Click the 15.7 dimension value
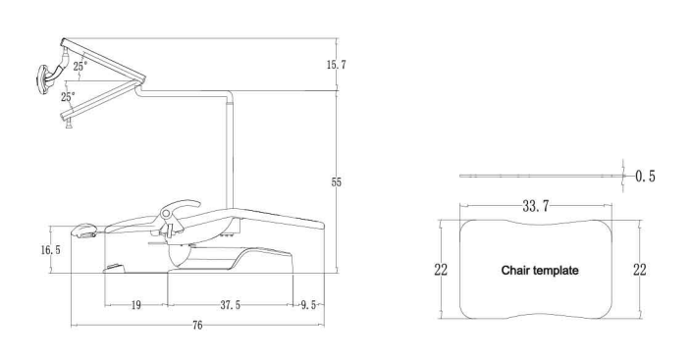coord(337,65)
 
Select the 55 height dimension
coord(337,182)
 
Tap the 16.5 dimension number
coord(51,250)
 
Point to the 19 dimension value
coord(136,305)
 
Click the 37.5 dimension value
coord(231,305)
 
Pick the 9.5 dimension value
coord(308,305)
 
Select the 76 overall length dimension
coord(197,326)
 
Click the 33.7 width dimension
coord(536,206)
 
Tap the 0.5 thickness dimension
coord(645,177)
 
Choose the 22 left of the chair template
coord(441,270)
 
